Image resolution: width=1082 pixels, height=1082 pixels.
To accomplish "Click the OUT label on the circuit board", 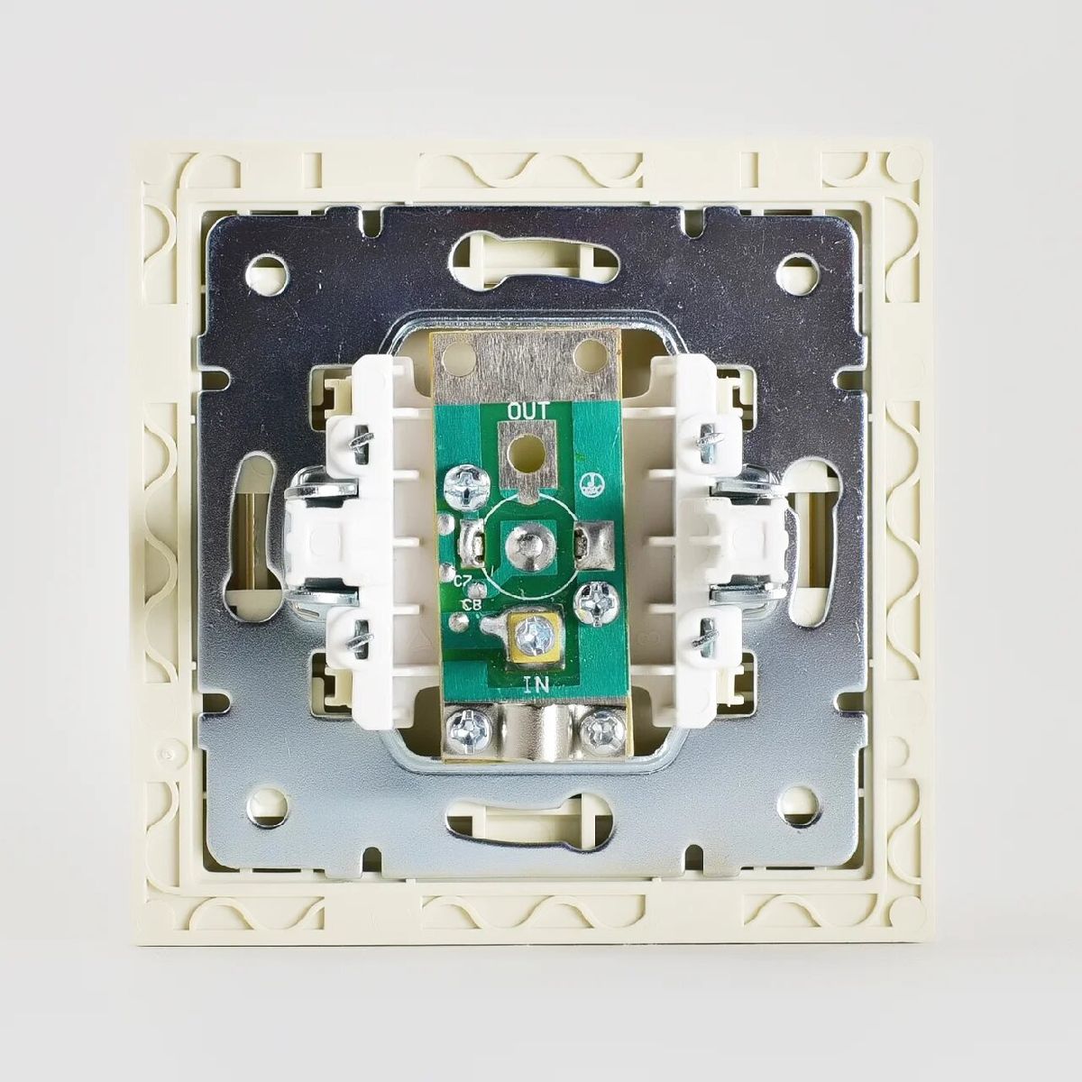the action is (527, 411).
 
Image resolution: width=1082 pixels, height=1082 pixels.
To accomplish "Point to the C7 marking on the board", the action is (463, 582).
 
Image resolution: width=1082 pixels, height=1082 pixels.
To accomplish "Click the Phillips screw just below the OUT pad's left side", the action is (463, 487).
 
